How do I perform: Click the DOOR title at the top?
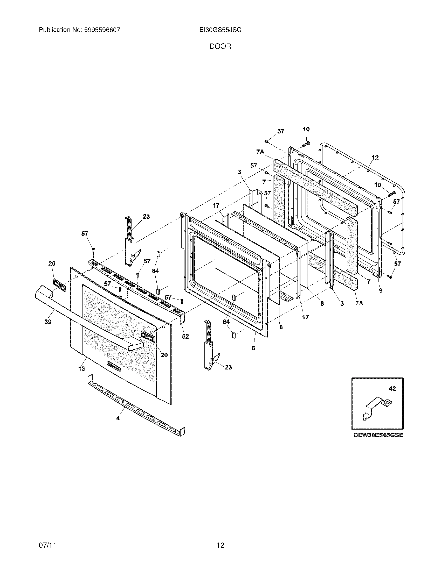click(x=220, y=46)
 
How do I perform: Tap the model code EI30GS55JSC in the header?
click(x=220, y=30)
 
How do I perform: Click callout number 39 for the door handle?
click(x=47, y=322)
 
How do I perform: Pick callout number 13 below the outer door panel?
click(x=81, y=368)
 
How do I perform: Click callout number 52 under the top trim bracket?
click(x=185, y=336)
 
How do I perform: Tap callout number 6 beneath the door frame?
click(x=253, y=348)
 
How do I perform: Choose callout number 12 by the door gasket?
click(x=375, y=158)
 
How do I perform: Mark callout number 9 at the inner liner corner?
click(x=381, y=290)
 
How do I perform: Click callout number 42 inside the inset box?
click(x=392, y=389)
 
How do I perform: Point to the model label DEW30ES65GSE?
click(x=378, y=435)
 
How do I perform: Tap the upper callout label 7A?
click(x=260, y=152)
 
